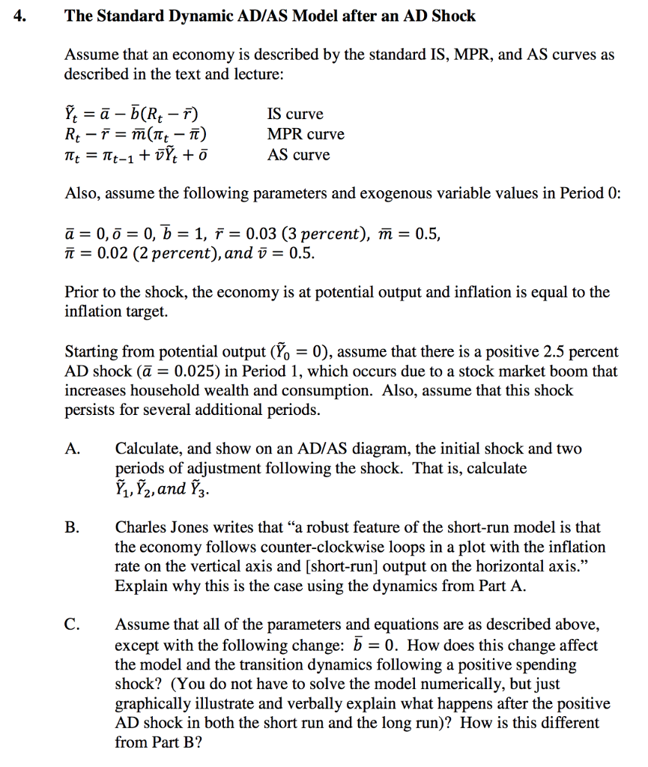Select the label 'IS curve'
(295, 114)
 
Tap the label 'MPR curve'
(306, 134)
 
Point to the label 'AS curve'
(298, 154)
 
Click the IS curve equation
(135, 114)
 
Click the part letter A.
(73, 449)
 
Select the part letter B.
(72, 527)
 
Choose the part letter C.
(72, 625)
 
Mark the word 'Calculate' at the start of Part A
(146, 449)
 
